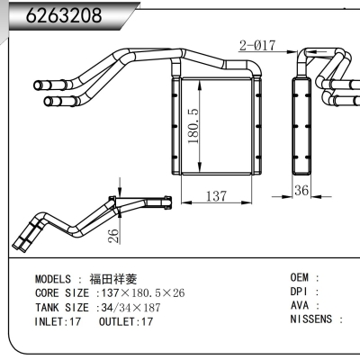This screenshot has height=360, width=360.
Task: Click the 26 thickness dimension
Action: (112, 237)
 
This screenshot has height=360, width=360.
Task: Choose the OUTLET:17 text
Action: (126, 320)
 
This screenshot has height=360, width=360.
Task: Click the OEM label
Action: (301, 278)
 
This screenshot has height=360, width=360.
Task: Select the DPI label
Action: (301, 292)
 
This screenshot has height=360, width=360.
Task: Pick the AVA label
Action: (301, 305)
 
